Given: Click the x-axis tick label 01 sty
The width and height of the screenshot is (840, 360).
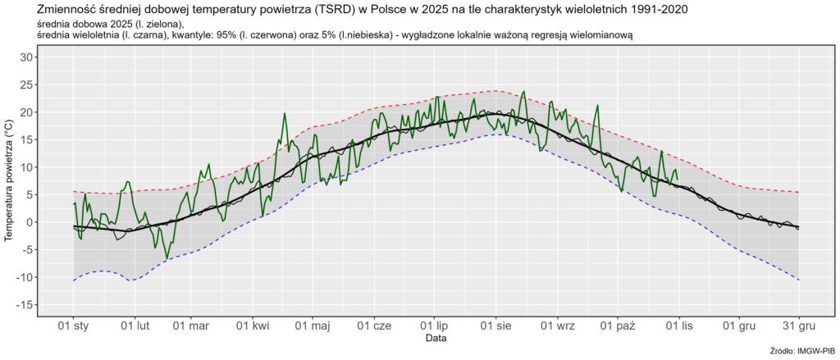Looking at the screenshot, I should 73,326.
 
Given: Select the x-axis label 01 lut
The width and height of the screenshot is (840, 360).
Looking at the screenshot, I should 135,326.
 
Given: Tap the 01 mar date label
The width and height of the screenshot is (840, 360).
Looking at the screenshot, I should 191,326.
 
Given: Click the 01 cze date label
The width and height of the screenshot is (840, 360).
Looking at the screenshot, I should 375,326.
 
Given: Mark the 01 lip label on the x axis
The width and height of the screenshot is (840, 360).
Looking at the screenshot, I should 435,326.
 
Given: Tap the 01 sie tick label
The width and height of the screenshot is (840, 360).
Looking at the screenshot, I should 496,326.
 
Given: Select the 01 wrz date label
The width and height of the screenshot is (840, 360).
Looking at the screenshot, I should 558,326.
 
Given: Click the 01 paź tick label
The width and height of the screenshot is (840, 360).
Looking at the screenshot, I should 618,326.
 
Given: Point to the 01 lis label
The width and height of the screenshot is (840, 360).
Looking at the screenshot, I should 679,326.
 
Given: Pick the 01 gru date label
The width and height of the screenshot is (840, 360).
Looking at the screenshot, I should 739,326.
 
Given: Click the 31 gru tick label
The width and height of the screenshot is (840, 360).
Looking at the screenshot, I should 798,326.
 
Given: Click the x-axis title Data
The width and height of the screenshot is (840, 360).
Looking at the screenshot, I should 436,338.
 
